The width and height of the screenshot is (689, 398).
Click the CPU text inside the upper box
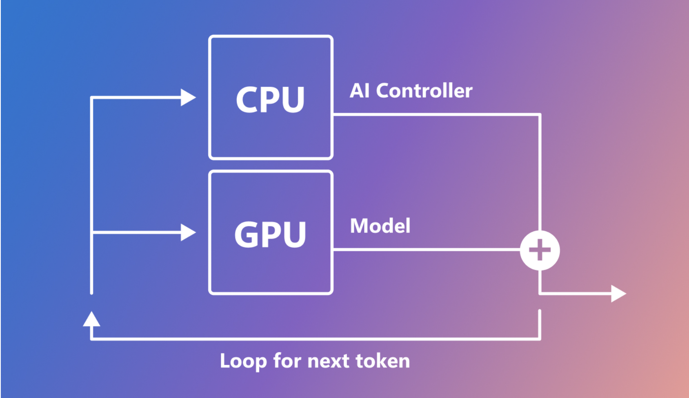click(x=270, y=100)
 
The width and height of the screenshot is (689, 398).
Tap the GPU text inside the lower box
click(x=270, y=235)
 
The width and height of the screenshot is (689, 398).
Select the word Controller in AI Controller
click(x=424, y=91)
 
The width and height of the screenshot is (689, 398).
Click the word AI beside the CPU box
click(x=360, y=91)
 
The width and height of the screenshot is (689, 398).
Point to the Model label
click(x=380, y=226)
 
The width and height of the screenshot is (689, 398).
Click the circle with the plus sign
click(x=540, y=250)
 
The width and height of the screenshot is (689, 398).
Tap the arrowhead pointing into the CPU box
click(x=188, y=97)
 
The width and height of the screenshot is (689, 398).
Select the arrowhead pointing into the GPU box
click(x=188, y=233)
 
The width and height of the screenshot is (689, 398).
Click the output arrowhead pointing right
click(x=618, y=293)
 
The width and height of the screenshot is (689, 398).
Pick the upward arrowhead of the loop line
click(x=91, y=319)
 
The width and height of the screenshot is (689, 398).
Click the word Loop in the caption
click(x=243, y=361)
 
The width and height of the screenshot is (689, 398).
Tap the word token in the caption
click(x=382, y=361)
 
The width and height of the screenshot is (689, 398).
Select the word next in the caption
click(x=329, y=361)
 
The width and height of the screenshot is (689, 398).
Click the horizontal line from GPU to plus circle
click(x=425, y=249)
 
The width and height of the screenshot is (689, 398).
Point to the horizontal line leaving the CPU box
click(x=433, y=114)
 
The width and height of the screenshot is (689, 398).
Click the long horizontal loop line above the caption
click(x=314, y=339)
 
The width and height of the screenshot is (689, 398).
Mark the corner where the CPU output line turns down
click(x=540, y=115)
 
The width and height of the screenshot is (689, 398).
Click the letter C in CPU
click(x=247, y=100)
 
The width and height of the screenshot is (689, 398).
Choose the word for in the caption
click(x=288, y=361)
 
